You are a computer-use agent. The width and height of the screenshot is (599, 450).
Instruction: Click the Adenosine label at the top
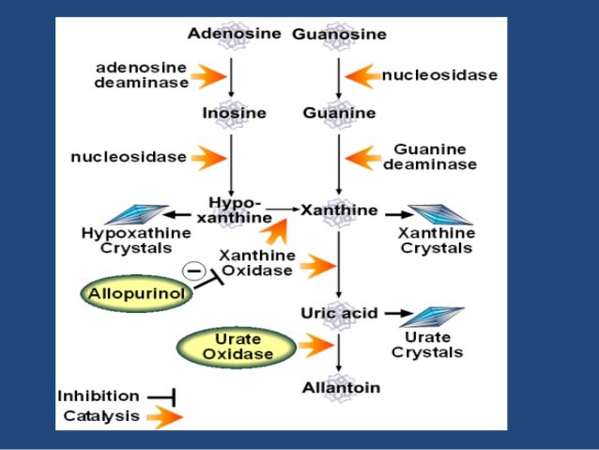pos(234,34)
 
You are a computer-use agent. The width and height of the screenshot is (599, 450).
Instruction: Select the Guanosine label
pos(339,35)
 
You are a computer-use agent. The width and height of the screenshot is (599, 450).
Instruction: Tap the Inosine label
pos(234,114)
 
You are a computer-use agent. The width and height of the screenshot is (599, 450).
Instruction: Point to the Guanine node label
pos(339,114)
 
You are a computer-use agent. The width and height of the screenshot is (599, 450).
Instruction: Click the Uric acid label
pos(338,312)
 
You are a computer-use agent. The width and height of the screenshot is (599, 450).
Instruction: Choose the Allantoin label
pos(338,387)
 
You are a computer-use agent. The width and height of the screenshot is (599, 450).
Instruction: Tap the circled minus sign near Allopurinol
pos(194,271)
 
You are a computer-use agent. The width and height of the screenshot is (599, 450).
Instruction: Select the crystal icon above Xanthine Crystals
pos(438,213)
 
